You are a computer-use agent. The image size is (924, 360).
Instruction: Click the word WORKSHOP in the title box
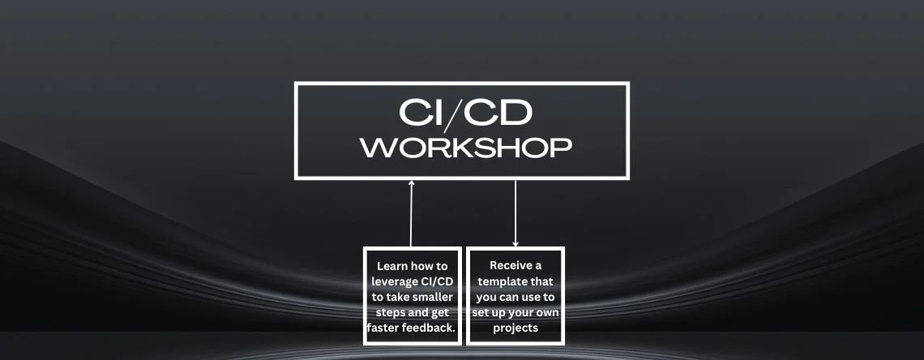tap(466, 148)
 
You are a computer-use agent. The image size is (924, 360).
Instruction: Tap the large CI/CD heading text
tap(465, 113)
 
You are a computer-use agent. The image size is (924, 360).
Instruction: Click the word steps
tap(391, 312)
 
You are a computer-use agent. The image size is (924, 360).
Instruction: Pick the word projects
tap(515, 328)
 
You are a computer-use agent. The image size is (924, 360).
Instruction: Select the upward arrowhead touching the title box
tap(412, 182)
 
